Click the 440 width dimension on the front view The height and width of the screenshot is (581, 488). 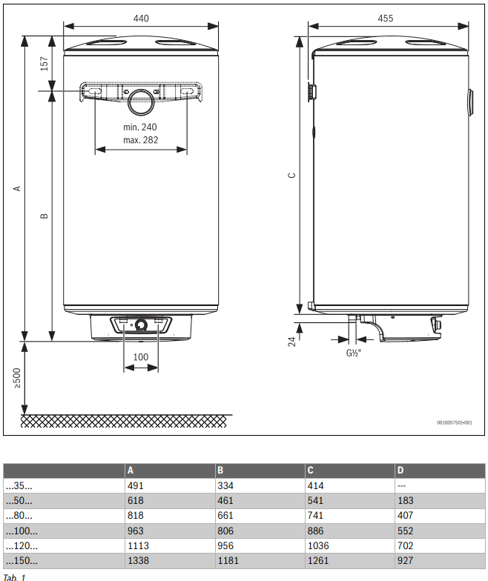(x=141, y=18)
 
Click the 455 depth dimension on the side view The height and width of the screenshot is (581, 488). (x=385, y=18)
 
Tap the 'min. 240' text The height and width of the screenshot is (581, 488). (x=140, y=127)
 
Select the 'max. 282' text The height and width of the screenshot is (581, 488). (x=140, y=140)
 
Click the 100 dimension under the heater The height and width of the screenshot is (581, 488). (x=140, y=357)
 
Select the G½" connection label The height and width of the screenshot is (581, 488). (x=352, y=353)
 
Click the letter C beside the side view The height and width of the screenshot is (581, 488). (x=291, y=176)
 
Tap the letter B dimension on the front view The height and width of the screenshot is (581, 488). (x=44, y=216)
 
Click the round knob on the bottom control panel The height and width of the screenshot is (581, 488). (x=141, y=325)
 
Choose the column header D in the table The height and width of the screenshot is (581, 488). (x=400, y=471)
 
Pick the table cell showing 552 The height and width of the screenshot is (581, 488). (x=406, y=531)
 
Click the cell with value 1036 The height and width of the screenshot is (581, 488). (x=319, y=546)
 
